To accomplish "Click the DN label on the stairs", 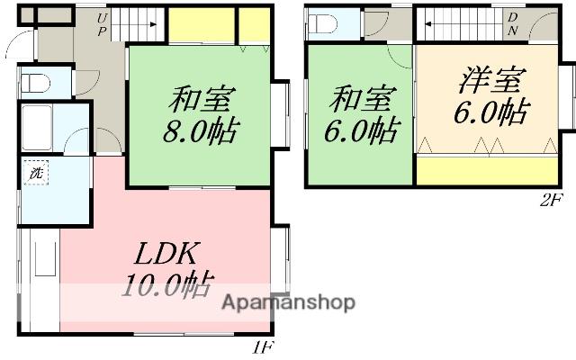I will point(512,22).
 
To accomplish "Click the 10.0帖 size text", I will point(166,287).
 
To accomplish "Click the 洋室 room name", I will point(490,82).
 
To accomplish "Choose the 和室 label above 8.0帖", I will point(197,97).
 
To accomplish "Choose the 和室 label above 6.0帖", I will point(359,97).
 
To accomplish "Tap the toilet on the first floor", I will point(37,84).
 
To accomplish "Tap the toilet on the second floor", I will point(325,22).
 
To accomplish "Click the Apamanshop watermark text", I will point(285,302).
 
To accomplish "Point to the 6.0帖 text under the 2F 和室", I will point(361,131).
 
